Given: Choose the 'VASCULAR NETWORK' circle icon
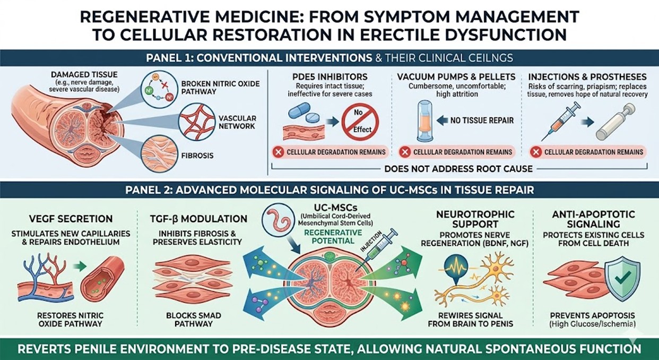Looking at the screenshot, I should [196, 122].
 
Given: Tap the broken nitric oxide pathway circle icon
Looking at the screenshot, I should [159, 88].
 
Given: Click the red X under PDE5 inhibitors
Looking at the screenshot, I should [278, 152].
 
